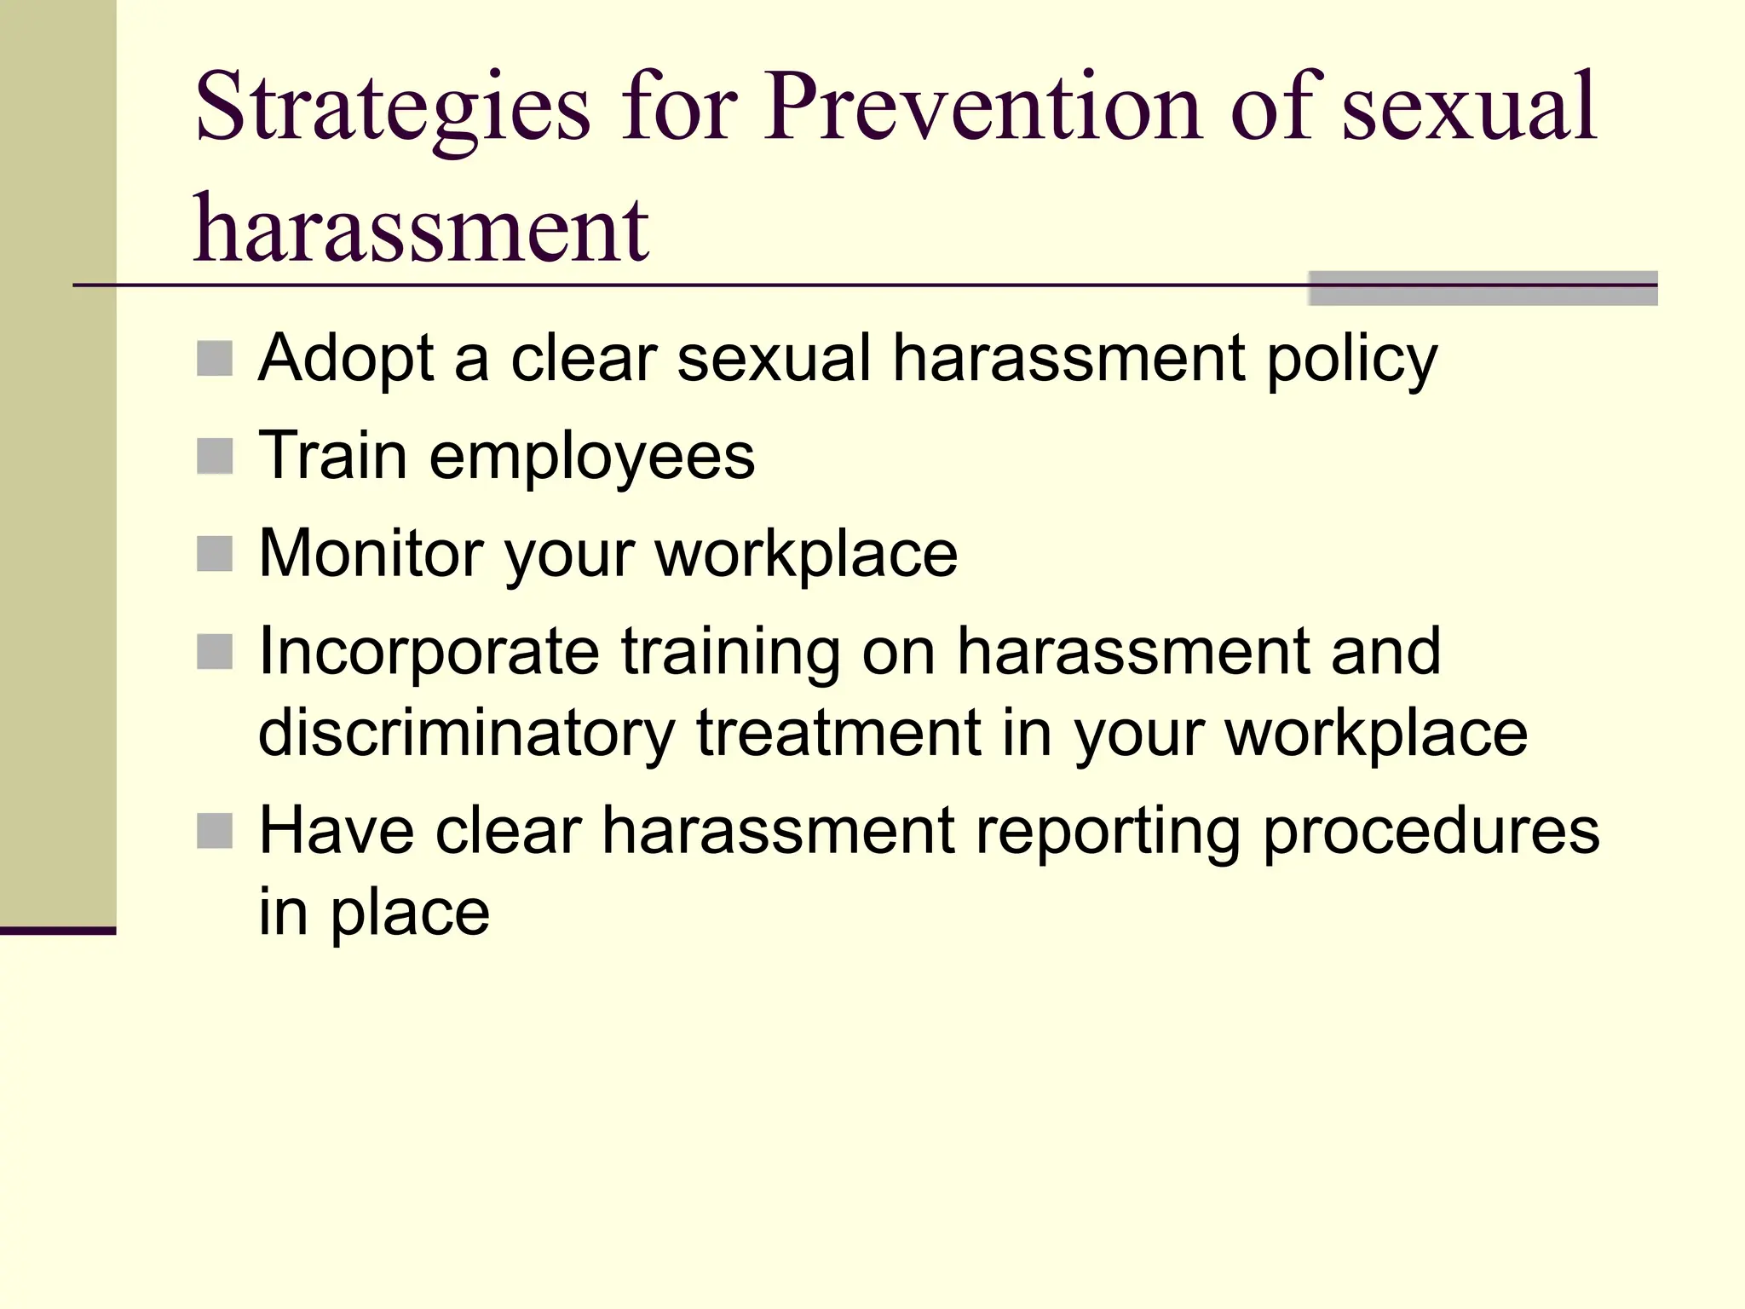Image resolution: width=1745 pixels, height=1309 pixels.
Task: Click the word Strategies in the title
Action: tap(392, 109)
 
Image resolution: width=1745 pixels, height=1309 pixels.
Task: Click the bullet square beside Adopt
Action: tap(215, 359)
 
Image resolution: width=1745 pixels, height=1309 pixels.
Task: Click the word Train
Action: tap(332, 455)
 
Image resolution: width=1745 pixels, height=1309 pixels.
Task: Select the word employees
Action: tap(592, 458)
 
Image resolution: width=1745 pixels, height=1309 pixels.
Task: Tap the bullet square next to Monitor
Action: tap(215, 554)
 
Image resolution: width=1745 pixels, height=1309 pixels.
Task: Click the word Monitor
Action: tap(371, 554)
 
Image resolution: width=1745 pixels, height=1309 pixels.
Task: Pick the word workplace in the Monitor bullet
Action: tap(806, 556)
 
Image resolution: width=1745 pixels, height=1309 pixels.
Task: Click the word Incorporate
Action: tap(429, 653)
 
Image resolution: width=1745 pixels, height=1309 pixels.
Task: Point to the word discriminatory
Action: tap(466, 733)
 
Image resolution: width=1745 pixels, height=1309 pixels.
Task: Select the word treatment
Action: tap(838, 733)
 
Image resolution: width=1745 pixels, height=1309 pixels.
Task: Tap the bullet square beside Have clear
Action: tap(215, 831)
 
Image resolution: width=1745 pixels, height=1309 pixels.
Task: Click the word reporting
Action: tap(1107, 833)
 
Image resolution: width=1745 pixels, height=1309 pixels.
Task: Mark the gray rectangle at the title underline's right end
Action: tap(1483, 289)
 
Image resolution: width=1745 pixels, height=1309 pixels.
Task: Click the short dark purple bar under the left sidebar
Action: tap(58, 931)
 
